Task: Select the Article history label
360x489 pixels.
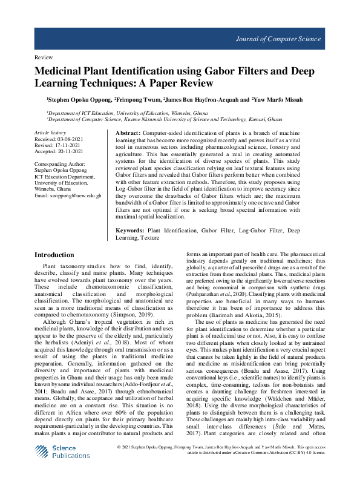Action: pos(50,131)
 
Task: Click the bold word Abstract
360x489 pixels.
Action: pos(128,133)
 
